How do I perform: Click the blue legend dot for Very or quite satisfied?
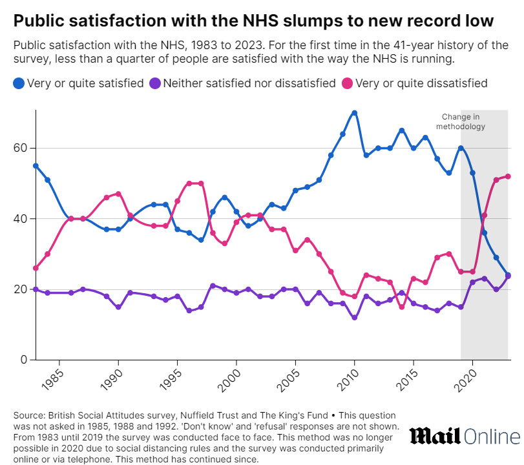[x=18, y=83]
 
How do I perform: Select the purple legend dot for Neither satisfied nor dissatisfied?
[x=154, y=83]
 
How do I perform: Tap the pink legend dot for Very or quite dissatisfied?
[x=347, y=83]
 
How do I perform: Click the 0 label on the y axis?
[x=23, y=359]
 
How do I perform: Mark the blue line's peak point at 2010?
[x=354, y=112]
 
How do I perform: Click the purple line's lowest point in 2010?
[x=354, y=317]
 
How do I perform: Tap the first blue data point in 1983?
[x=36, y=165]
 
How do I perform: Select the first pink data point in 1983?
[x=36, y=268]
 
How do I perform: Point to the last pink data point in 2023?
[x=508, y=176]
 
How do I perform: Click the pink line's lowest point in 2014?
[x=401, y=307]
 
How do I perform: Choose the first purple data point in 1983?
[x=36, y=289]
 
